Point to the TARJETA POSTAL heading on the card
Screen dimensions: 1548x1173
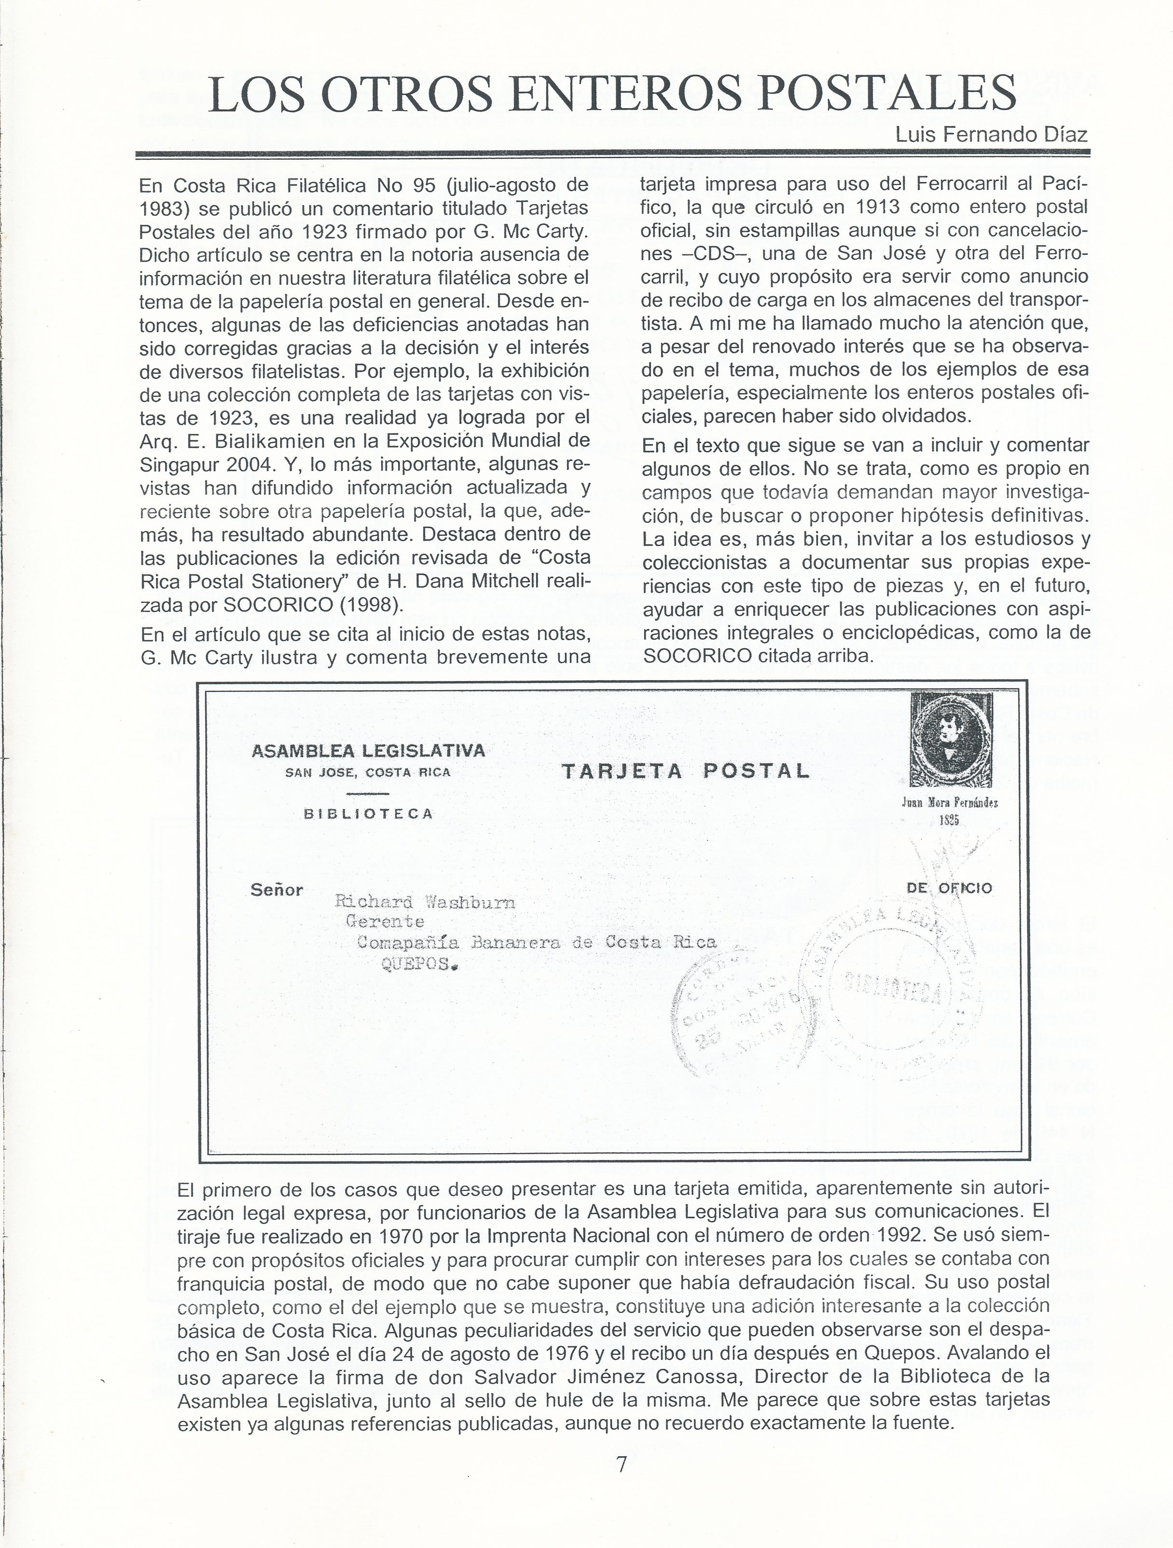[686, 771]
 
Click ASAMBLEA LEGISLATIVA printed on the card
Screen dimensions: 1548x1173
[368, 751]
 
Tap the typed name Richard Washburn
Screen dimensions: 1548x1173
[425, 902]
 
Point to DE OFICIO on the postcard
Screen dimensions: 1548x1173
[949, 888]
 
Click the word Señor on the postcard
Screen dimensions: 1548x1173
[276, 890]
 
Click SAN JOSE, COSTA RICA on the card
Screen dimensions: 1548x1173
[368, 773]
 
